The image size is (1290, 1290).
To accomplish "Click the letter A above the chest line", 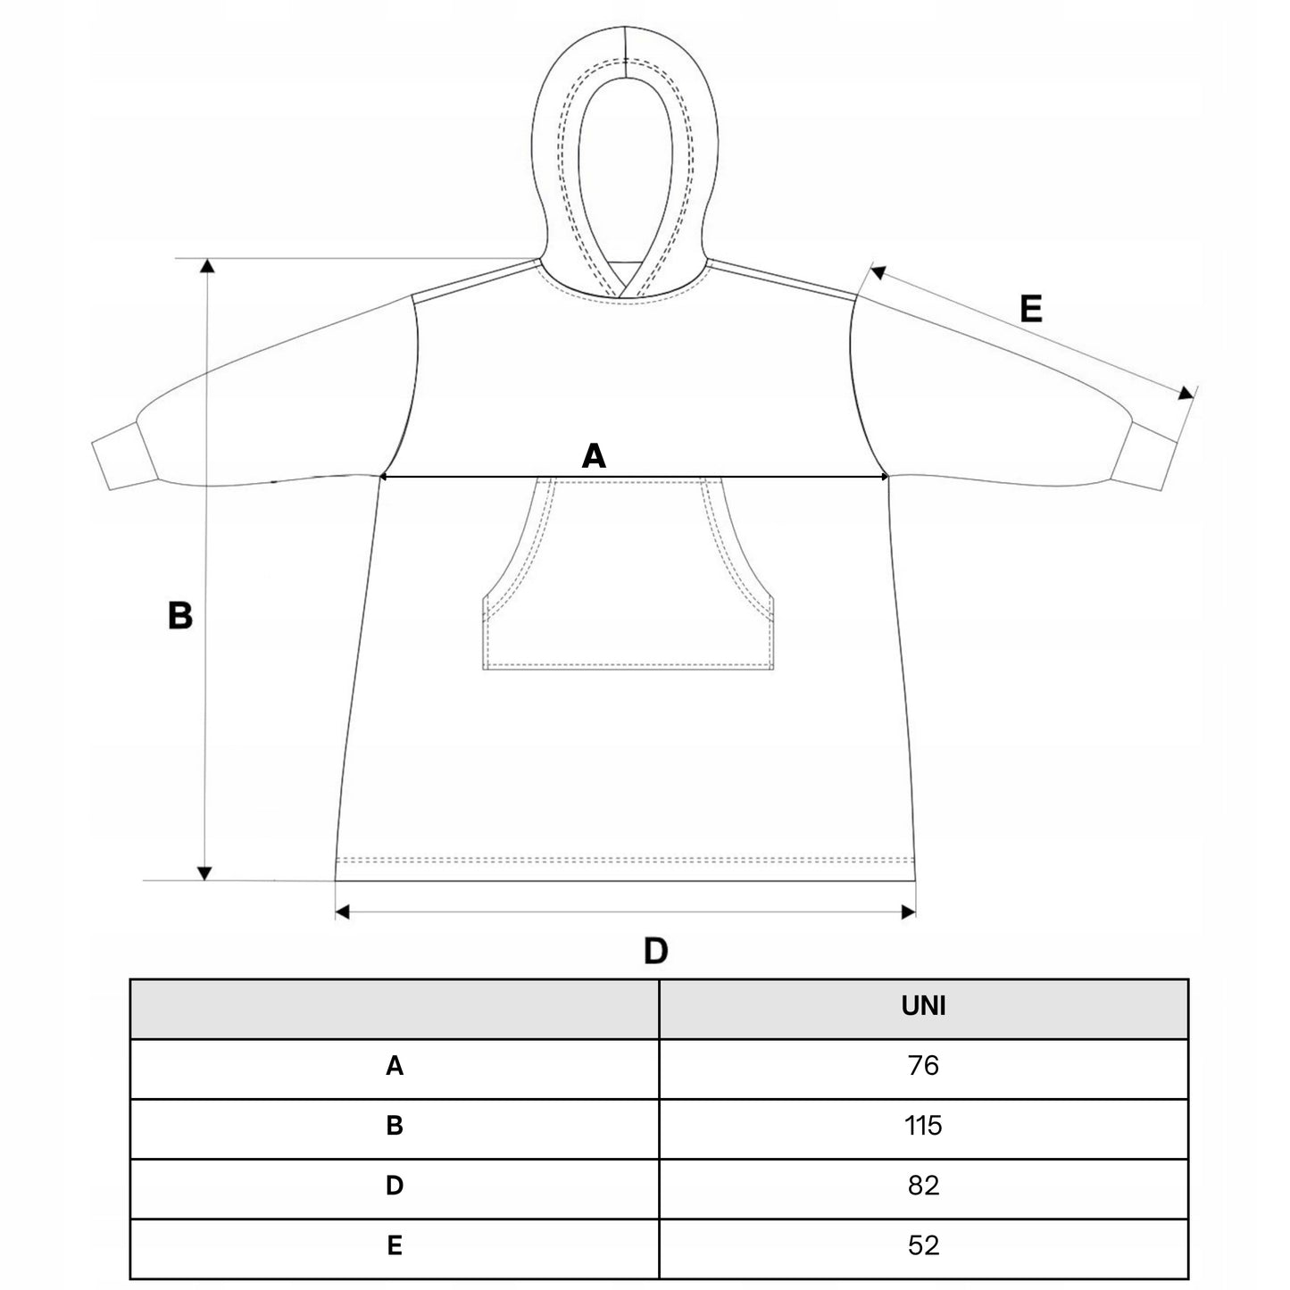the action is pos(594,456).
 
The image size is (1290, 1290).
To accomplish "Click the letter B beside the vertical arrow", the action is pos(180,615).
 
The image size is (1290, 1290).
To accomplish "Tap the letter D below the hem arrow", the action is pos(655,951).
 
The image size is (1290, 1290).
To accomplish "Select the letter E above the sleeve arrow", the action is pos(1031,309).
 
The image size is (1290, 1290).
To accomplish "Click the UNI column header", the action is pos(923,1006).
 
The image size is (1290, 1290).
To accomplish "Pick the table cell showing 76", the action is pos(923,1065).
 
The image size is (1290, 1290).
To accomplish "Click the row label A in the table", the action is pos(395,1066).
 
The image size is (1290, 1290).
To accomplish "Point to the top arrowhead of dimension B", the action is pos(207,266).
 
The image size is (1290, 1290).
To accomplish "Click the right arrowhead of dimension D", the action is pos(909,911).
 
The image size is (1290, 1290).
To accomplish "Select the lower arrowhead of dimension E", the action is pos(1186,393).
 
